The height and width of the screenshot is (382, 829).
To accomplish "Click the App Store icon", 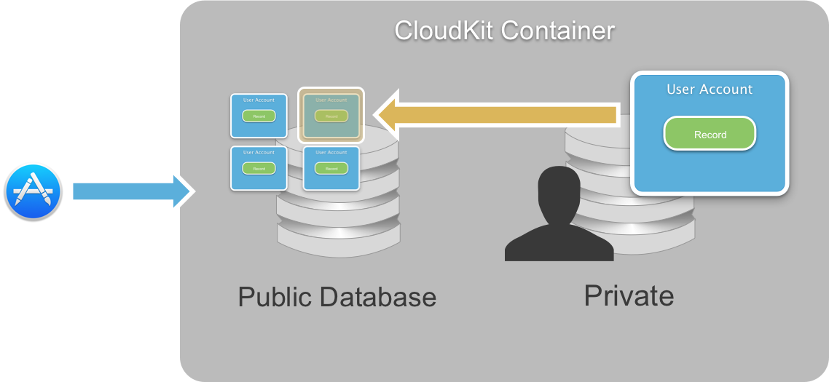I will [x=34, y=191].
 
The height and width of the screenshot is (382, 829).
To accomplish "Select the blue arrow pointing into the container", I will [x=131, y=191].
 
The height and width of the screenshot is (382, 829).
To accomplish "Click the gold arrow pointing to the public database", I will [x=495, y=114].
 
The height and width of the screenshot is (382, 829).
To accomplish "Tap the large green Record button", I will [x=710, y=135].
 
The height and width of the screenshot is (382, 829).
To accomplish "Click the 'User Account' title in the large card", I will [x=710, y=89].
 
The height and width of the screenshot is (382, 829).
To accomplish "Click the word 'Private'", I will [x=629, y=296].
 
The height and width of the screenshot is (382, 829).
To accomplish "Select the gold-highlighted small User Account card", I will [x=331, y=115].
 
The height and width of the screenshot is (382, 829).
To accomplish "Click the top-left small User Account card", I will [x=259, y=115].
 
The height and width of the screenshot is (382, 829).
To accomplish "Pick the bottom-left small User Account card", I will [x=259, y=168].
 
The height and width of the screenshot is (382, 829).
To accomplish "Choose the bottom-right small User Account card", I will [x=331, y=168].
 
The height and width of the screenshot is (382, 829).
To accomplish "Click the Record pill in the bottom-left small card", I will [x=259, y=169].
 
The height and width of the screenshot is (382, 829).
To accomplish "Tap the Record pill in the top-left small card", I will [x=259, y=116].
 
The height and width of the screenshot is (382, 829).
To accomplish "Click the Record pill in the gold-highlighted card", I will [x=331, y=116].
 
